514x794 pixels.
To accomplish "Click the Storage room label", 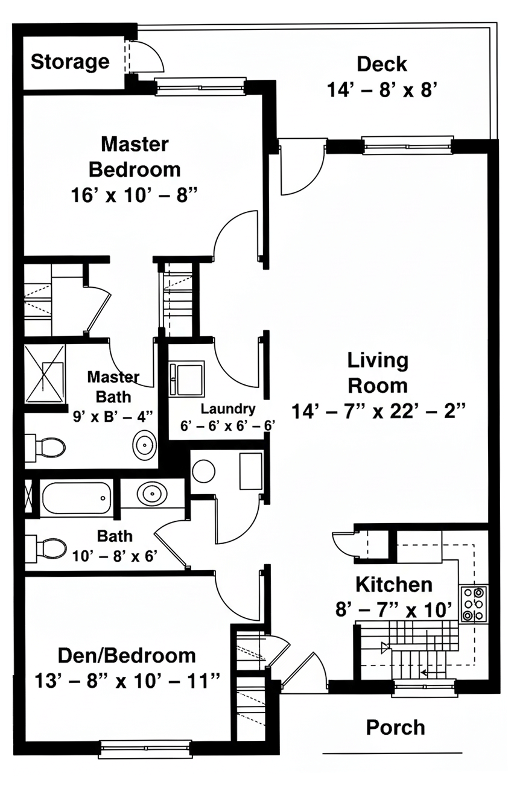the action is (70, 62).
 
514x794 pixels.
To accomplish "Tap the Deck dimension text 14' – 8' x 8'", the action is (381, 90).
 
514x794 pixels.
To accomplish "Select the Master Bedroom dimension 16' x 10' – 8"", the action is (134, 195).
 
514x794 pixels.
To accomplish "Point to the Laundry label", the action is (228, 408).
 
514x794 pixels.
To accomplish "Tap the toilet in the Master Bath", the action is (45, 448).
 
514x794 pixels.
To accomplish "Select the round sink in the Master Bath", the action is (144, 445).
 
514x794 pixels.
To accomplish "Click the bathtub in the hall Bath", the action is (76, 498).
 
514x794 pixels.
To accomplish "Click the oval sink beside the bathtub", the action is (153, 493).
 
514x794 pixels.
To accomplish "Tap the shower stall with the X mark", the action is (45, 374).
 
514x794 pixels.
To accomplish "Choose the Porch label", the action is (395, 728).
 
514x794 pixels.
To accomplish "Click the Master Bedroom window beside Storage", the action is (200, 87).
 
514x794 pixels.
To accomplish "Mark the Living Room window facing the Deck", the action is (408, 145).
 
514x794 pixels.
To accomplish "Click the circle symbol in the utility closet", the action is (203, 471).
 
